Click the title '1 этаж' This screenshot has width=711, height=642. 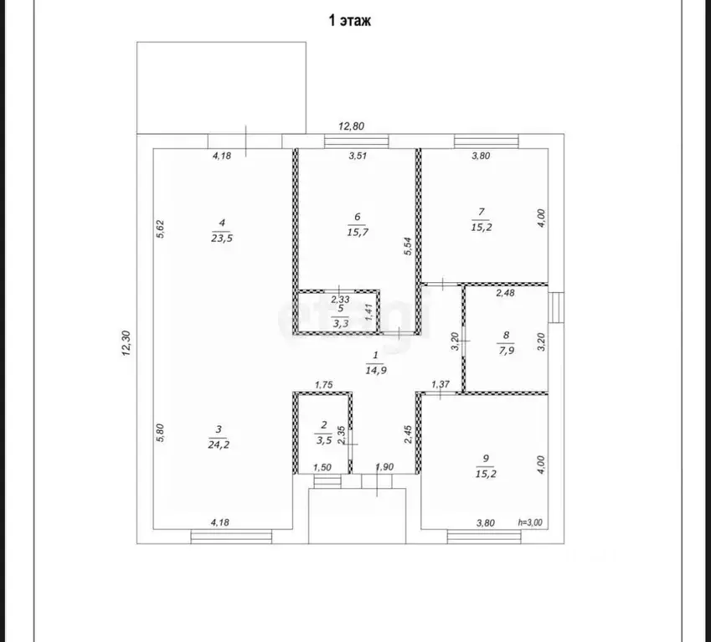(x=349, y=21)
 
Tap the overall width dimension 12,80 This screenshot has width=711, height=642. (x=352, y=126)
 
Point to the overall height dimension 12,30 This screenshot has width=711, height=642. (x=126, y=343)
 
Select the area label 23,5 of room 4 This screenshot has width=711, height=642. (x=222, y=238)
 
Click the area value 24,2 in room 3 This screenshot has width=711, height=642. (x=219, y=444)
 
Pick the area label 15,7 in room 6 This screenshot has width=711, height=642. (x=358, y=232)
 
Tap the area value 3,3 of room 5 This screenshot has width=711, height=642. (x=341, y=323)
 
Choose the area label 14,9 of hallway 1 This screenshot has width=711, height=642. (x=376, y=370)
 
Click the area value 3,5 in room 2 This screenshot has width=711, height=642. (x=324, y=440)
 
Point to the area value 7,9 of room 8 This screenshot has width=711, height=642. (x=506, y=350)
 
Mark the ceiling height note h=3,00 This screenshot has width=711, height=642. (x=530, y=522)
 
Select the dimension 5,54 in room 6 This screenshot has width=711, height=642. (x=408, y=246)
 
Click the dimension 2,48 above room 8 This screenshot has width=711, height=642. (x=505, y=293)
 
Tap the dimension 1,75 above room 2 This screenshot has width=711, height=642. (x=324, y=385)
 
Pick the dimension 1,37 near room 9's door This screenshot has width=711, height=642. (x=441, y=384)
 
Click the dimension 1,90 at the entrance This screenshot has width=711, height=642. (x=384, y=467)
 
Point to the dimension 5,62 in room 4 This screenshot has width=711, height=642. (x=160, y=229)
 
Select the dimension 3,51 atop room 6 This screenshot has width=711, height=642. (x=358, y=156)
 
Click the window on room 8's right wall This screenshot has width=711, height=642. (x=556, y=308)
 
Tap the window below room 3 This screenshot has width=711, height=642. (x=231, y=537)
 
